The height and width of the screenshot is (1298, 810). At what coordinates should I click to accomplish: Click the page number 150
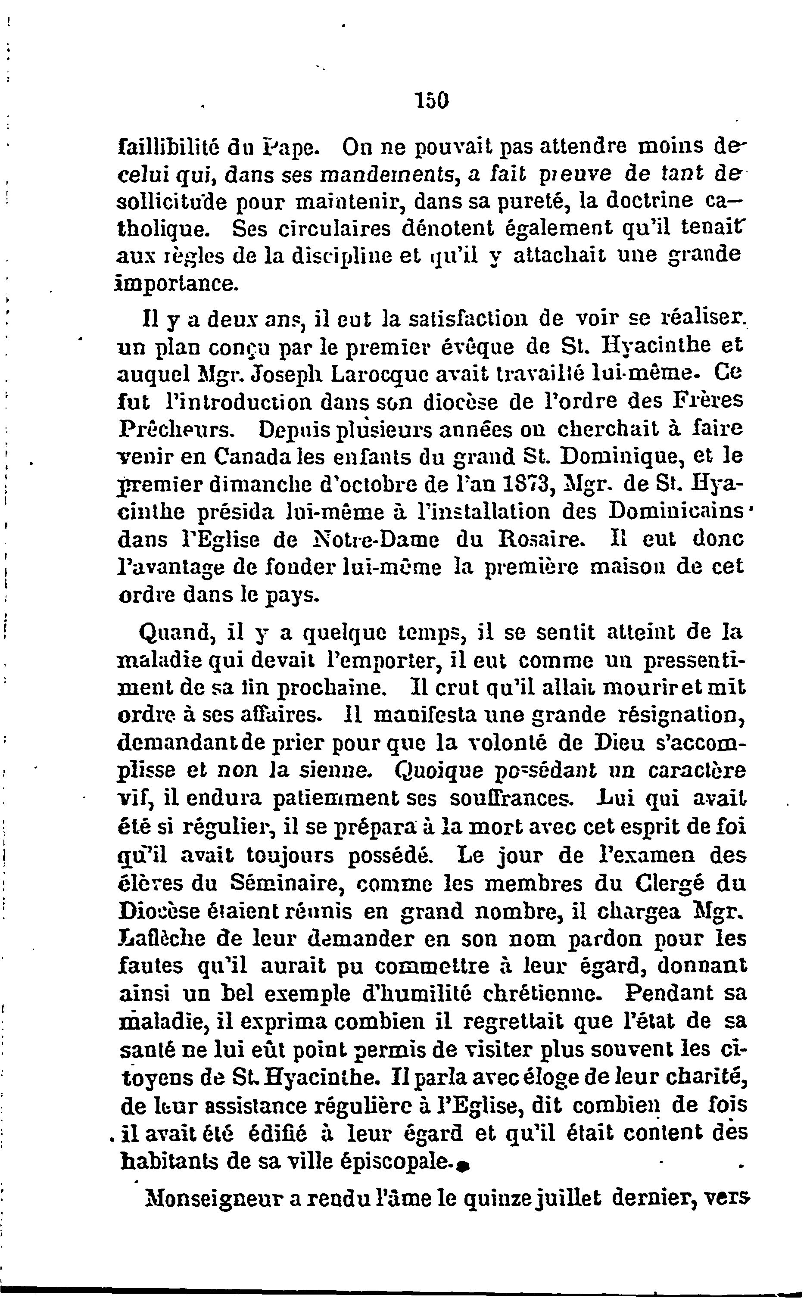coord(431,100)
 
